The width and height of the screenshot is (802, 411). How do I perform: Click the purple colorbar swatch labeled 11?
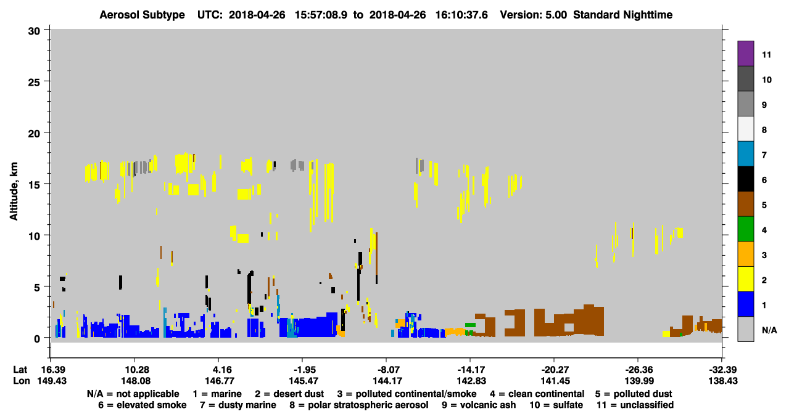coord(745,53)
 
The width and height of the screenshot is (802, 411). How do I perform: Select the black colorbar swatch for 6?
coord(745,179)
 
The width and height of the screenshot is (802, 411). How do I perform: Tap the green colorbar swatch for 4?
coord(745,229)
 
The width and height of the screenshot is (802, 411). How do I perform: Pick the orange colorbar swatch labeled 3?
coord(745,254)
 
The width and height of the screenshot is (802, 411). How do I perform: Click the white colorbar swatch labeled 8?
coord(745,128)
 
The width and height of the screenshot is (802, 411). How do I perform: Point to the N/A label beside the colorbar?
coord(769,330)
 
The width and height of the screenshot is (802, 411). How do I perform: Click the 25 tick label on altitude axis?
coord(34,83)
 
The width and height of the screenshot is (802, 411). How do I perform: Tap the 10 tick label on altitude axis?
coord(34,236)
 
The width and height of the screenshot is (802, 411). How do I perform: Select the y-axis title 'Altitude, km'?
coord(14,191)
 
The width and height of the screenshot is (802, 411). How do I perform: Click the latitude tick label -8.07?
coord(387,370)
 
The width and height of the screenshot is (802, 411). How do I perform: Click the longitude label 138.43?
coord(723,381)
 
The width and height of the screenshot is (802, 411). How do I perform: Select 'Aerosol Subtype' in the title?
coord(142,15)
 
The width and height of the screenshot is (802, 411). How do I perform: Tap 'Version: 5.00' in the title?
coord(534,15)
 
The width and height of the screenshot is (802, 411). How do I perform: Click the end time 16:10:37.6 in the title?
coord(461,15)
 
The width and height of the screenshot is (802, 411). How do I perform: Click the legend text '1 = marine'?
coord(217,394)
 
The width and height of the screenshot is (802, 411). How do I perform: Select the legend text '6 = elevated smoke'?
coord(143,405)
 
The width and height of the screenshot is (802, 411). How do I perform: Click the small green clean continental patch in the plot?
coord(470,325)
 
